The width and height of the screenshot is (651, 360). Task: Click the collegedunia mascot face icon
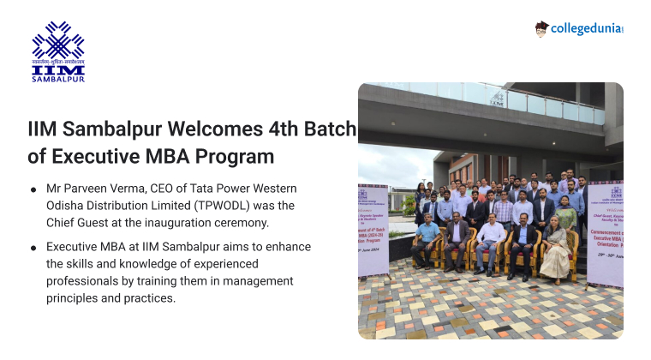point(541,28)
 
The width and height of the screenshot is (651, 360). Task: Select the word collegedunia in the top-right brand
point(586,28)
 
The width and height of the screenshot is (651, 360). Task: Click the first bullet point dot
point(33,189)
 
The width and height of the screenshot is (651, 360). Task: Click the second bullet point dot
point(33,248)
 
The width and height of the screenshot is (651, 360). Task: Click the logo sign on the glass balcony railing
point(498,99)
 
